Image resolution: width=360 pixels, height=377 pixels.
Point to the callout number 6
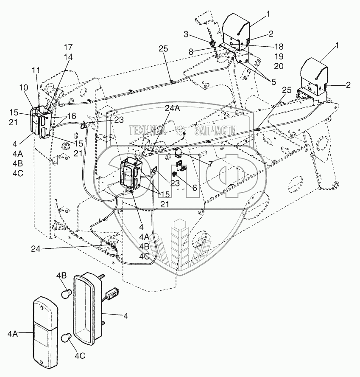click(x=194, y=187)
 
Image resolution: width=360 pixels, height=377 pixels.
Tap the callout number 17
click(x=68, y=46)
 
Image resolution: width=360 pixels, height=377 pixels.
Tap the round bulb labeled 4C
click(x=66, y=338)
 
